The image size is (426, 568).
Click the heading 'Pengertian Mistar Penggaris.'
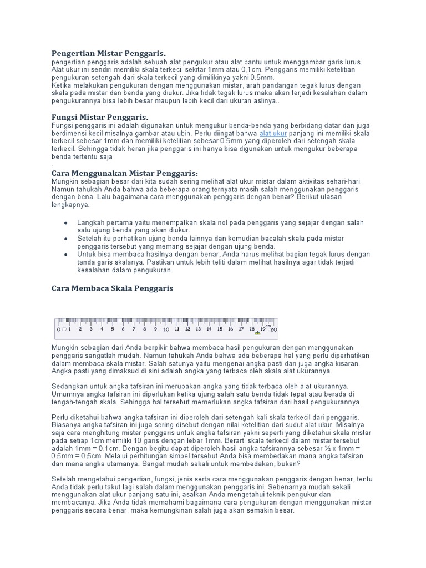(108, 53)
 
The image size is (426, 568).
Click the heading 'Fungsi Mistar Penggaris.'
(100, 118)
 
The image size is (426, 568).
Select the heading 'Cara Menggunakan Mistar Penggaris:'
(124, 173)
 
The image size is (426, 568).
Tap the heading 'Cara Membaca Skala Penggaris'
(112, 288)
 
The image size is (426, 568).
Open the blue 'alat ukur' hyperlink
(273, 134)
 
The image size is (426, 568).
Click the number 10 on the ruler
(165, 329)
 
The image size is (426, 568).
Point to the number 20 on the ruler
(273, 329)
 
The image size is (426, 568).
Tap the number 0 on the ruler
(58, 329)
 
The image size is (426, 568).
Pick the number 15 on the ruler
(219, 329)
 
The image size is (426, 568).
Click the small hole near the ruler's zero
(64, 329)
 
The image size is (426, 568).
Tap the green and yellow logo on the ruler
(257, 333)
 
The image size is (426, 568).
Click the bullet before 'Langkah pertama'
(66, 222)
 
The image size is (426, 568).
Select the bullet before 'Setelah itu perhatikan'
(66, 239)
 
